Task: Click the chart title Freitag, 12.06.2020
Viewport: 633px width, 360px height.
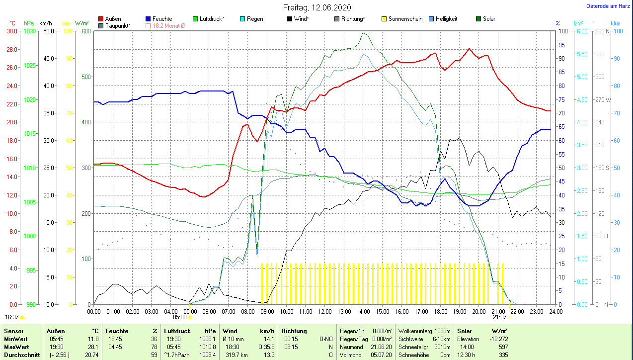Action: tap(317, 7)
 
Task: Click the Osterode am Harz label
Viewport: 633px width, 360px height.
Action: tap(608, 6)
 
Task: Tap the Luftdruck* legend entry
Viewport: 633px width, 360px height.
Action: tap(212, 19)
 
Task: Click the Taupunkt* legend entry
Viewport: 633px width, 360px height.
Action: tap(118, 25)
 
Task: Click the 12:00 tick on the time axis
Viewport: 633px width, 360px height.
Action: tap(324, 312)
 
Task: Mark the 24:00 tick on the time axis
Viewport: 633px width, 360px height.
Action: tap(555, 312)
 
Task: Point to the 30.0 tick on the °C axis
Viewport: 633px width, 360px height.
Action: tap(11, 31)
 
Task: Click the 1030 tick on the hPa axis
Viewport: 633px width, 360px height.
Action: tap(29, 31)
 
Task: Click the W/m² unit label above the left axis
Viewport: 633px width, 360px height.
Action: tap(82, 23)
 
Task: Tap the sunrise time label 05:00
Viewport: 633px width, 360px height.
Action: tap(180, 317)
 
